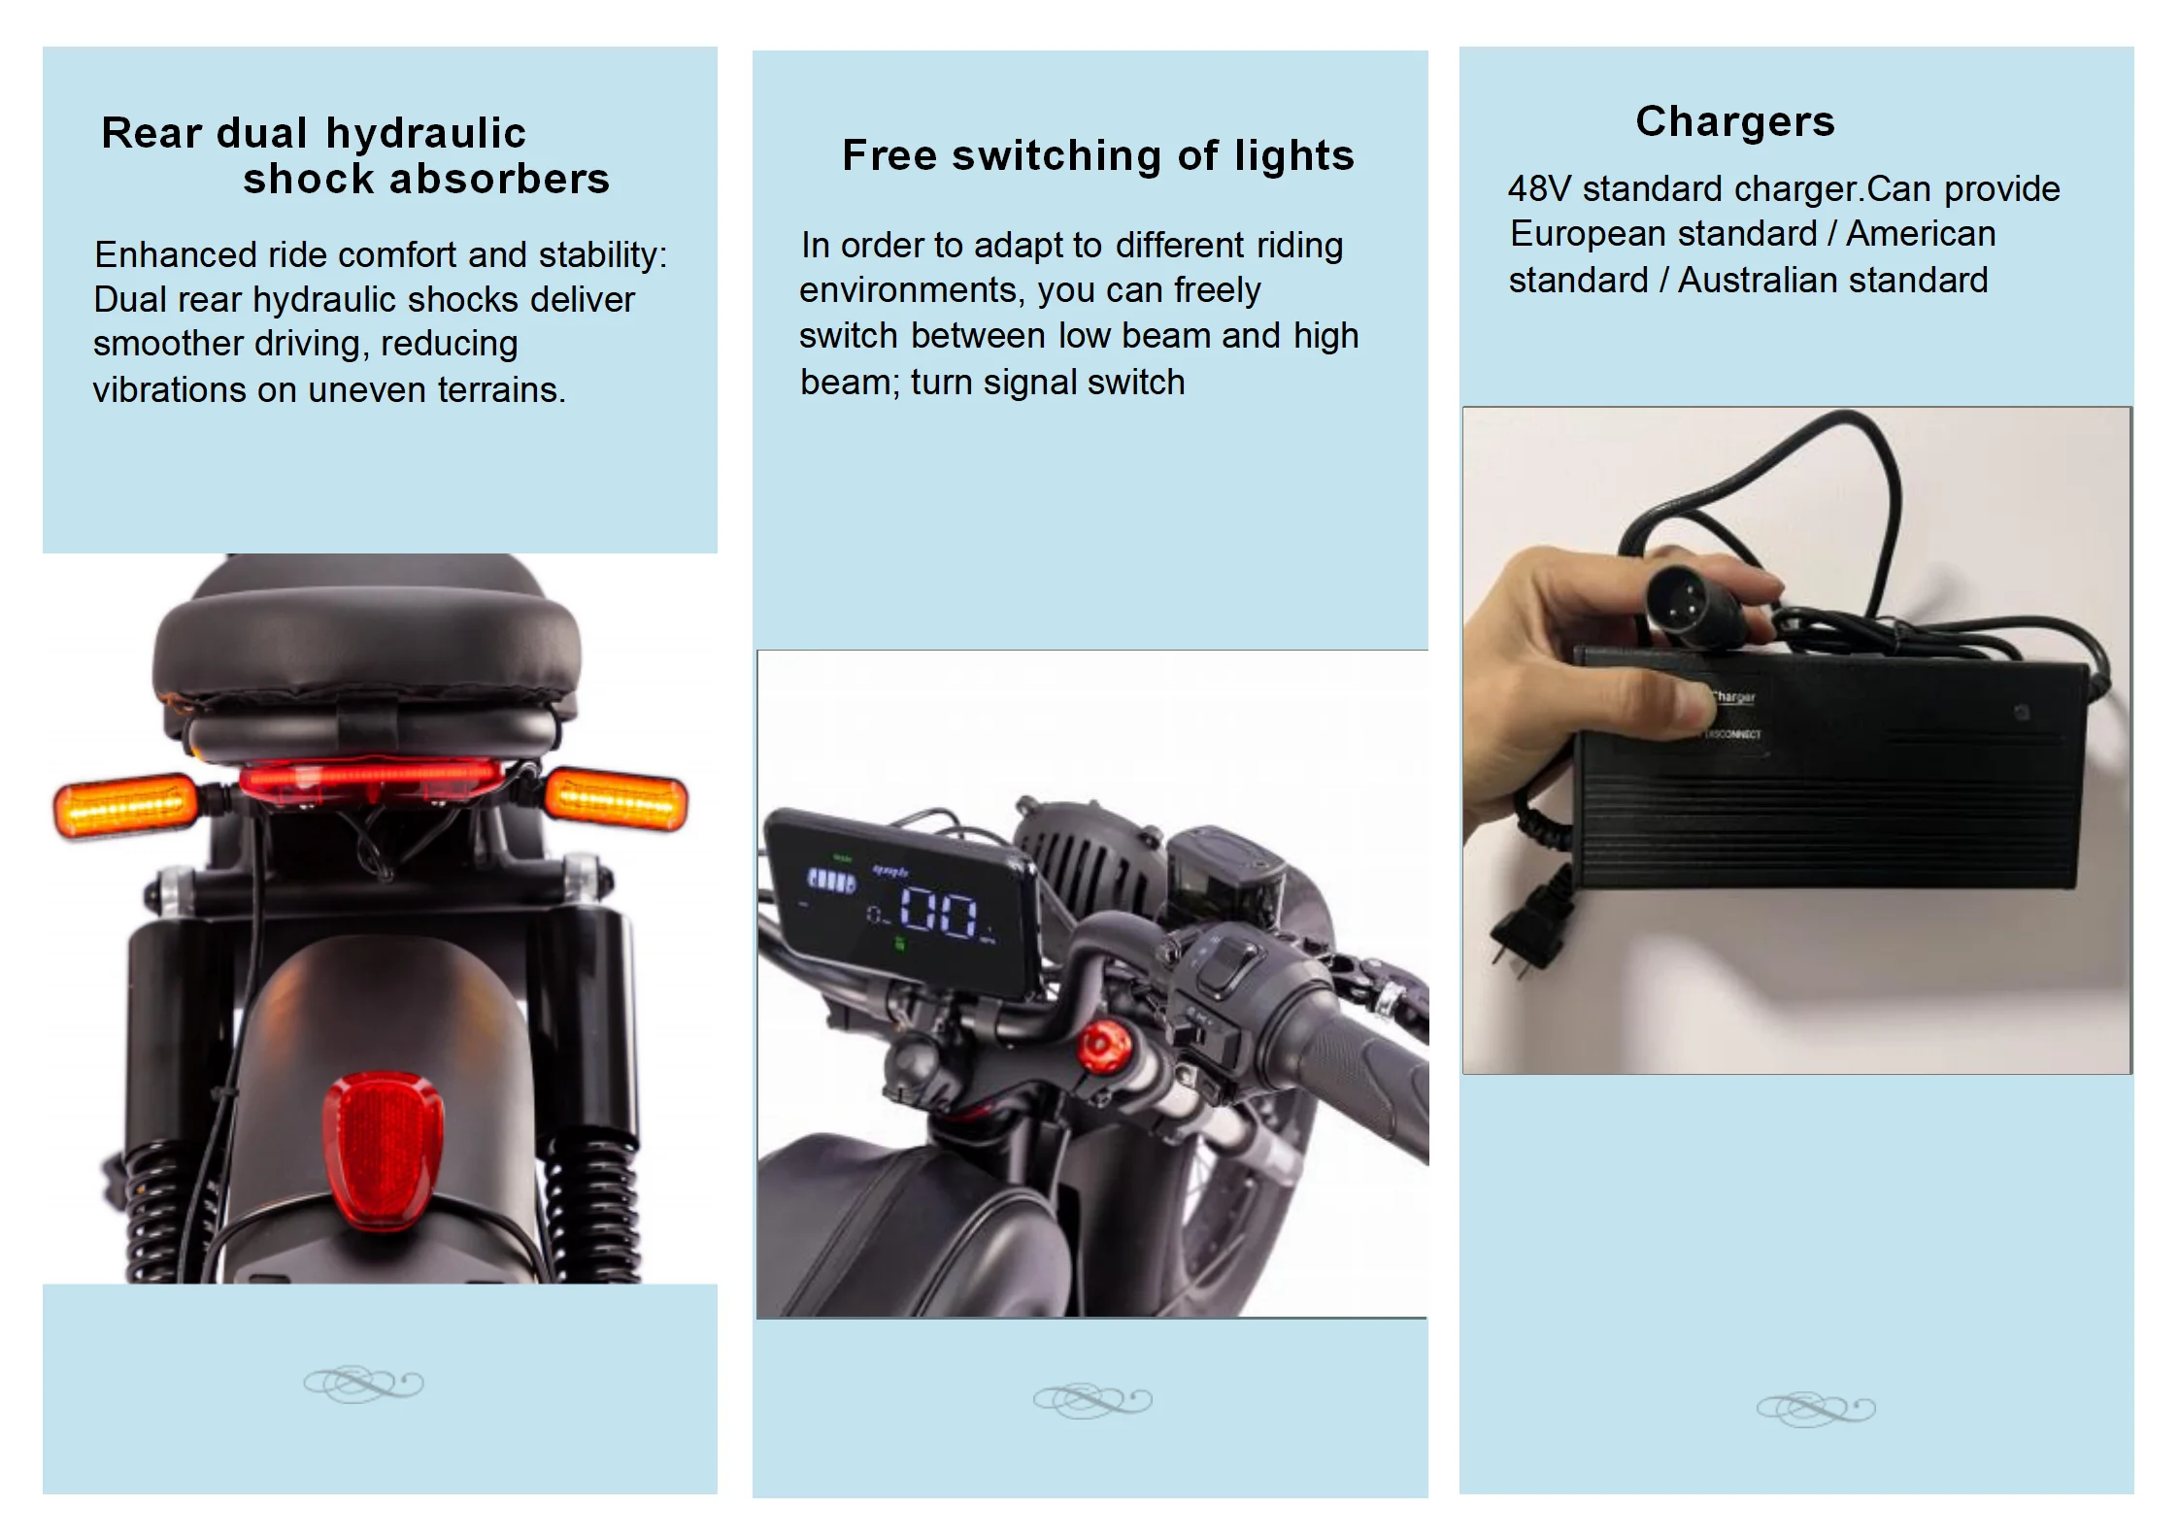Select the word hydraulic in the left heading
pos(425,134)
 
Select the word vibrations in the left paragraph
pos(170,390)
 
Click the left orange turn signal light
pos(125,805)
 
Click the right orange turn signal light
pos(617,800)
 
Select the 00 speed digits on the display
pos(938,913)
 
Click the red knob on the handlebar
pos(1104,1047)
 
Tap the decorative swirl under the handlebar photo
pos(1092,1401)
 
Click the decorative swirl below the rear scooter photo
pos(363,1384)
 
